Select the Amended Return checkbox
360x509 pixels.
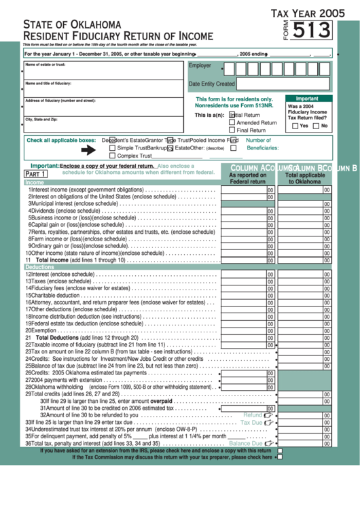(x=232, y=123)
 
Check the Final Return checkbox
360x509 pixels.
(x=232, y=130)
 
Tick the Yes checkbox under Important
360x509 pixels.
(x=295, y=126)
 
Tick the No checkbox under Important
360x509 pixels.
(x=316, y=126)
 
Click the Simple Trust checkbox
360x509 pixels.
(x=112, y=147)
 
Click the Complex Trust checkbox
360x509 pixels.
(x=112, y=156)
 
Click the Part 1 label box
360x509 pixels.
(x=35, y=174)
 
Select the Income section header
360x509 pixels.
(x=35, y=182)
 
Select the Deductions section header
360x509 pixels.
(x=39, y=267)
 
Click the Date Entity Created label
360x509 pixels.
(x=211, y=84)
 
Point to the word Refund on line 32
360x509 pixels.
(x=253, y=415)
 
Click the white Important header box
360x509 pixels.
(x=307, y=99)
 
